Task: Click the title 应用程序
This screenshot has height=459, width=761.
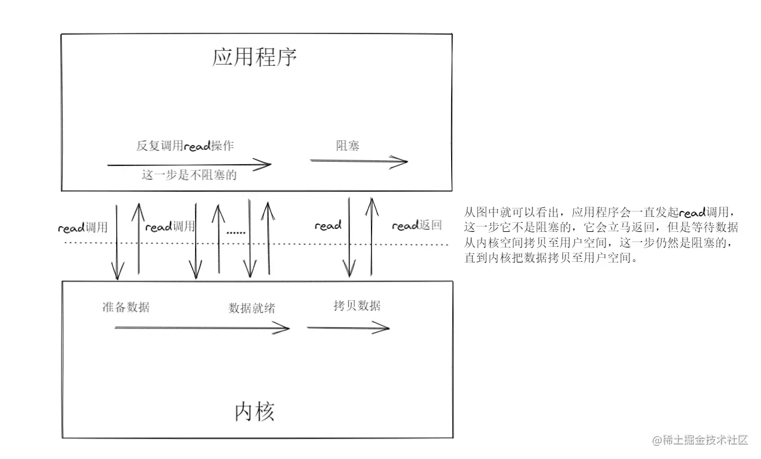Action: click(x=254, y=58)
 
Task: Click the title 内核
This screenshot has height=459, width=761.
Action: click(x=254, y=412)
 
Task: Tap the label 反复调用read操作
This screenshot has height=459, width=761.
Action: click(x=189, y=146)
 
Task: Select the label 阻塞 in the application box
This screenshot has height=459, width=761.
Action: click(x=347, y=145)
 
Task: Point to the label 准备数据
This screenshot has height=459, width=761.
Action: click(x=126, y=307)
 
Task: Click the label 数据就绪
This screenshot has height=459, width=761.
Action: click(x=252, y=308)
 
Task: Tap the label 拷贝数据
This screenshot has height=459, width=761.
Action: click(x=357, y=306)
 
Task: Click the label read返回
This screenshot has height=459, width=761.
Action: click(x=416, y=226)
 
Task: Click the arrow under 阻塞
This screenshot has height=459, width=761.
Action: click(x=358, y=161)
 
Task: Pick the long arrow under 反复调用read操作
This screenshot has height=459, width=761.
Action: click(x=189, y=164)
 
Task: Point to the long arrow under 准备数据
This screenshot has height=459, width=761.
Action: click(x=202, y=327)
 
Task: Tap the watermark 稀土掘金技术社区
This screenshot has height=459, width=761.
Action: click(x=700, y=440)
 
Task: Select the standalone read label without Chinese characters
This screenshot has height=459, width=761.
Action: click(x=327, y=226)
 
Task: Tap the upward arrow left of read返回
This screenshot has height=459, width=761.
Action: click(x=372, y=237)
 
